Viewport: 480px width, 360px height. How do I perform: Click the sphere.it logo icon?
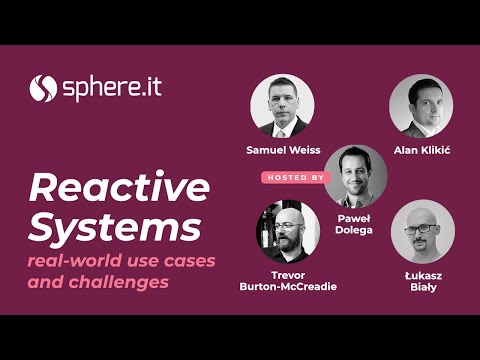click(x=42, y=88)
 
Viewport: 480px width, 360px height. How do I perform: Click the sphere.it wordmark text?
click(x=110, y=87)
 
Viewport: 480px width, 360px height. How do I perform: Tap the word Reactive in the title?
click(x=119, y=187)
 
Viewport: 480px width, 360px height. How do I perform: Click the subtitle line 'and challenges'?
click(x=98, y=282)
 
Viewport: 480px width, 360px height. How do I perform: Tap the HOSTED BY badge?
click(x=296, y=176)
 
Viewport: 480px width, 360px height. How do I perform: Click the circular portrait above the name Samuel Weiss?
click(x=282, y=106)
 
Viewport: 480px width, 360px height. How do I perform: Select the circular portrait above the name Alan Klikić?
click(x=421, y=106)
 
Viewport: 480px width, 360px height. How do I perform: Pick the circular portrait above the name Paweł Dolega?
click(x=355, y=176)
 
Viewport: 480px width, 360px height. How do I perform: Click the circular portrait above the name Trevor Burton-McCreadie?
click(x=287, y=231)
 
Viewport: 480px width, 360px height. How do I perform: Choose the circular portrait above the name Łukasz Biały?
click(x=422, y=231)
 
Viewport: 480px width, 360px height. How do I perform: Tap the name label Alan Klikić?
click(x=421, y=150)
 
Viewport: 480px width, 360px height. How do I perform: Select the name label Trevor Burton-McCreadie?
click(x=287, y=281)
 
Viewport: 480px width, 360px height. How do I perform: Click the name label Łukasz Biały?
click(x=421, y=281)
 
